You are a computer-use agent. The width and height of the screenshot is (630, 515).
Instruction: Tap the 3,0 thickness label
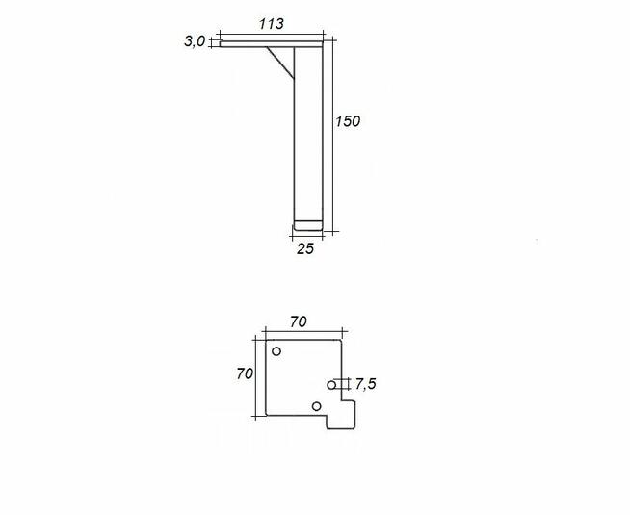click(x=195, y=41)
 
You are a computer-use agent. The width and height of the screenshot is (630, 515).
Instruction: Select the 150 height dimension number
click(x=348, y=121)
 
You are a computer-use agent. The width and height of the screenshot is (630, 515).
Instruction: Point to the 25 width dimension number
click(x=305, y=247)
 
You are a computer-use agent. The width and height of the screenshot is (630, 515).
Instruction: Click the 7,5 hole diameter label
click(x=365, y=384)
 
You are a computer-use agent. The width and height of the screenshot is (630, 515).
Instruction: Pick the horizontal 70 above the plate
click(x=297, y=322)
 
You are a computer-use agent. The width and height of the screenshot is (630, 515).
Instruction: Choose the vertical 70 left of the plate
click(x=244, y=373)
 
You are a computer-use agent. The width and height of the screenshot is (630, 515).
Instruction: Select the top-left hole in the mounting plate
click(x=276, y=352)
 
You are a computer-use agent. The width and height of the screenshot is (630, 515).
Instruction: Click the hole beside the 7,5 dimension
click(x=332, y=385)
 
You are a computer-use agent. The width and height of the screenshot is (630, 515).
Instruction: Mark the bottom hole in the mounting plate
click(x=316, y=406)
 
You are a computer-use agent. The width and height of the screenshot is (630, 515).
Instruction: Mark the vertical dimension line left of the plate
click(x=256, y=375)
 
